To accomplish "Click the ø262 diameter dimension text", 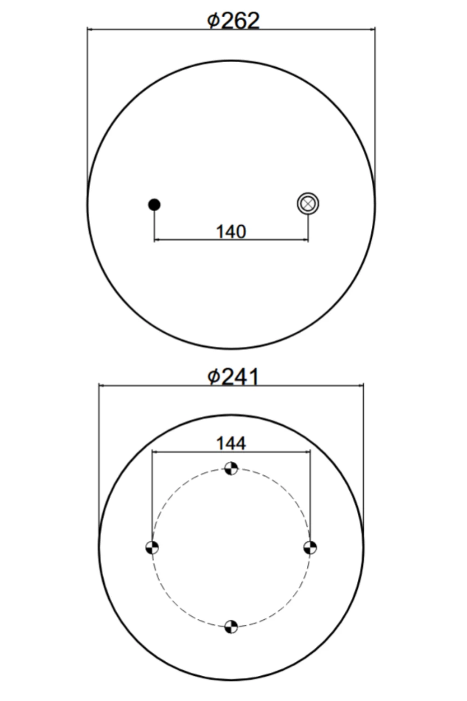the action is (233, 21).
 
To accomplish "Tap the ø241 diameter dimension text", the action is (233, 377).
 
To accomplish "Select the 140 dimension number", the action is (231, 232).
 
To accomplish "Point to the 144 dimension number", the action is (231, 443).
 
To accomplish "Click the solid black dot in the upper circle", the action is (154, 205).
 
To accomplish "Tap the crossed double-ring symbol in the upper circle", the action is (308, 204).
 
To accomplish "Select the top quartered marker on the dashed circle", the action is (231, 468).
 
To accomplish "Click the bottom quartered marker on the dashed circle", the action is (231, 627).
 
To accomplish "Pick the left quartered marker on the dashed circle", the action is (152, 548).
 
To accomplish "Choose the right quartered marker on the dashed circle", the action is (310, 548).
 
